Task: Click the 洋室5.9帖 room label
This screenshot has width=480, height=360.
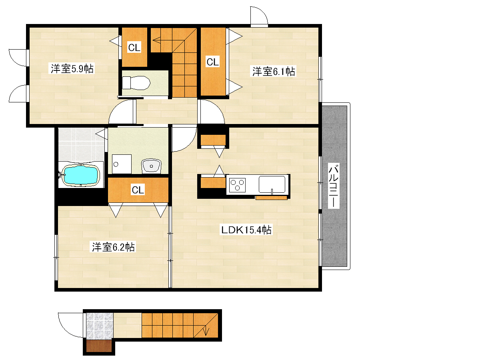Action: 72,69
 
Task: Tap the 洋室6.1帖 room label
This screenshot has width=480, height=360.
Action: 273,71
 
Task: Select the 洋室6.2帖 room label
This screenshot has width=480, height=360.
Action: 113,247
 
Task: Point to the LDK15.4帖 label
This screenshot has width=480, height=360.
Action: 246,230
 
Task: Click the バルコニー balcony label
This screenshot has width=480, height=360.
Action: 334,185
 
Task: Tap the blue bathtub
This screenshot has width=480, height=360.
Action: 80,175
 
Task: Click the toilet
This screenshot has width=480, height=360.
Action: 136,83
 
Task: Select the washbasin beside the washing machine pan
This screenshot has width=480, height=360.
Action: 151,166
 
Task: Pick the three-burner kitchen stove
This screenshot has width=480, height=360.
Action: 238,185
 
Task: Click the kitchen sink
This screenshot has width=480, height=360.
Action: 272,185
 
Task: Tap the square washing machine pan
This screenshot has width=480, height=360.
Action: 122,164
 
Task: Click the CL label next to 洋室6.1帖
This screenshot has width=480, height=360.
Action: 212,62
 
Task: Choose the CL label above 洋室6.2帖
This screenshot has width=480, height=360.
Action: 138,190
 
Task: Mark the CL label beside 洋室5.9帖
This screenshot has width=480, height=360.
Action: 134,48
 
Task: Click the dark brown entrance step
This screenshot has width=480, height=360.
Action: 99,346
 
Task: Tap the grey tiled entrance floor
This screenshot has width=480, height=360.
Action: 100,326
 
